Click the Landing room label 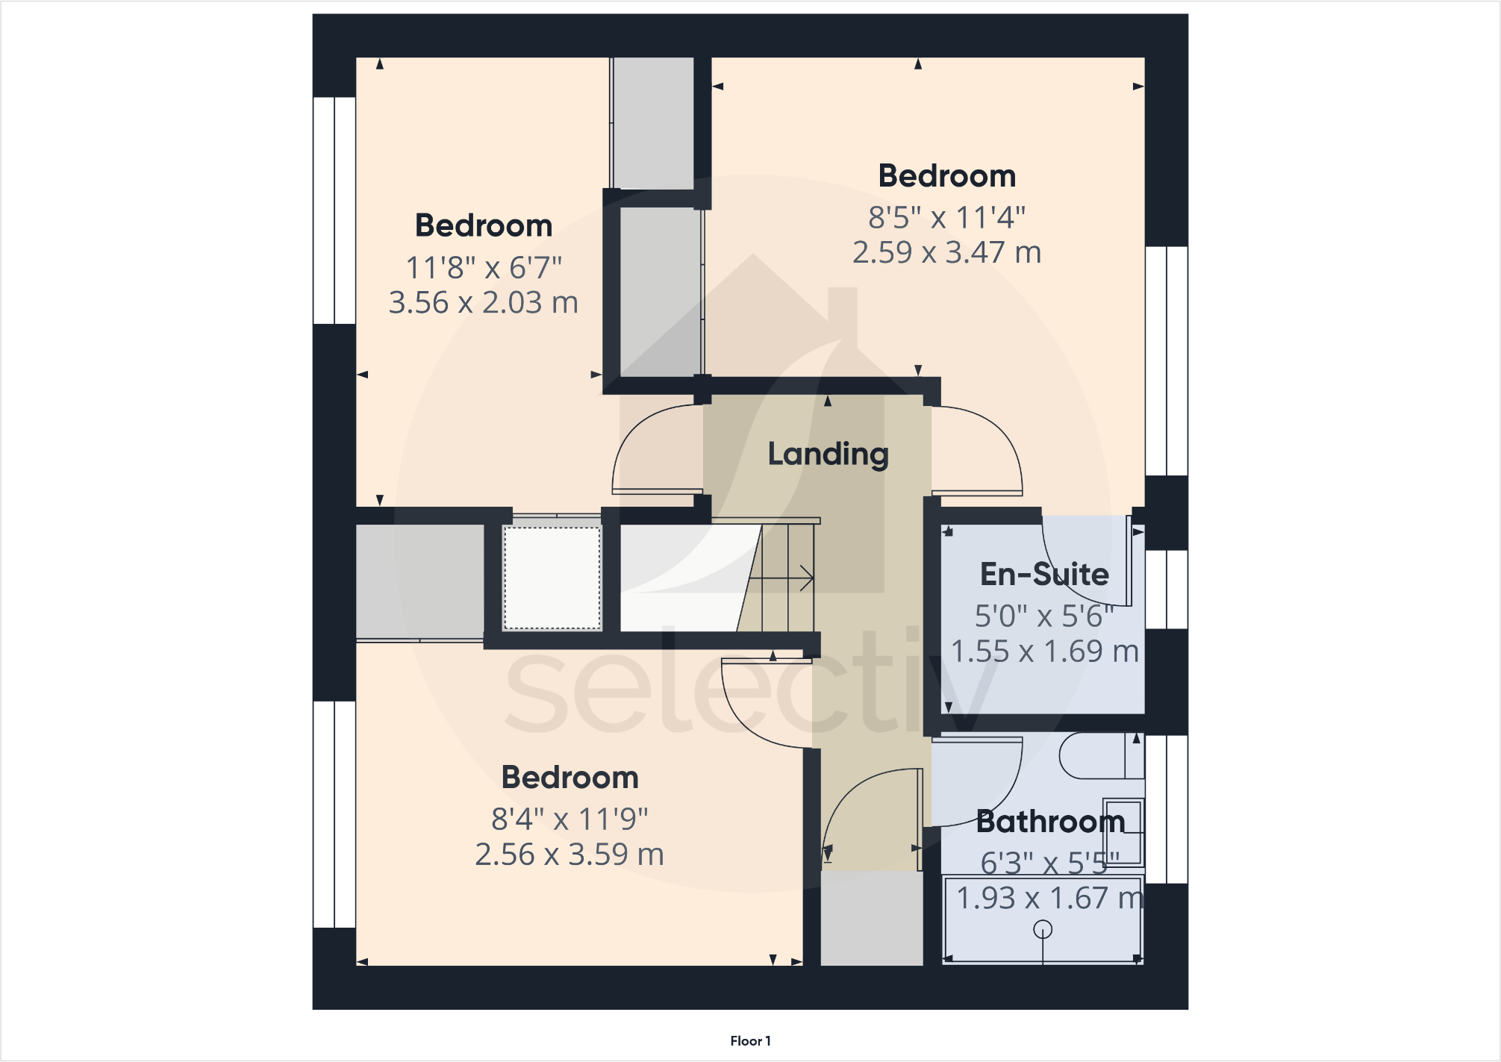828,454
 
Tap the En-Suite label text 1044,575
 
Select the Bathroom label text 1050,822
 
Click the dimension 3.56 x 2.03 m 483,303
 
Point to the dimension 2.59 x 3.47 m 946,253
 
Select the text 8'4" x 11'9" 569,819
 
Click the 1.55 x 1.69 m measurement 1044,652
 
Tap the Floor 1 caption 750,1040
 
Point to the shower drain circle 1043,929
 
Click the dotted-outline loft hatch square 552,578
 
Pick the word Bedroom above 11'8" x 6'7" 484,226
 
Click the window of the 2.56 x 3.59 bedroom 334,814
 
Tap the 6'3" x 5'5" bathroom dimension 1049,863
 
